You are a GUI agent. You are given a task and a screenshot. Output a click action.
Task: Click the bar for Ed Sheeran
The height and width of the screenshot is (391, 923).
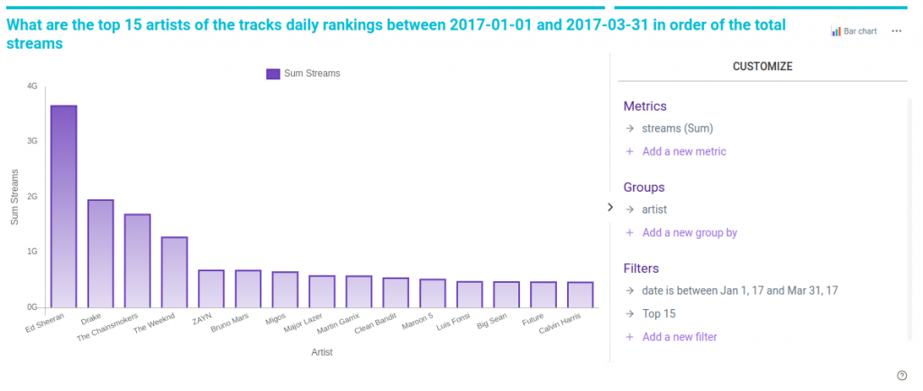pos(63,206)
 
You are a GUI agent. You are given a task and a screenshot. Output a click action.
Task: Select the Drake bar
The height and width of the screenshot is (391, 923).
pos(100,253)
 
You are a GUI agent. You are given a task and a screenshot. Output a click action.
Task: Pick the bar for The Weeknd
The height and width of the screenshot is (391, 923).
pos(174,272)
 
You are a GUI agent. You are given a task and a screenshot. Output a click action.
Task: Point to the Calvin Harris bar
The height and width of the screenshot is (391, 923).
pos(580,295)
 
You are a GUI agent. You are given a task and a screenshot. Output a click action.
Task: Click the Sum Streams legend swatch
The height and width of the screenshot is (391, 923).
pos(273,74)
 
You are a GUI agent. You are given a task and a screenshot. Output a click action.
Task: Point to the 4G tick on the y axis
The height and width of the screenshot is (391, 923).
pos(32,86)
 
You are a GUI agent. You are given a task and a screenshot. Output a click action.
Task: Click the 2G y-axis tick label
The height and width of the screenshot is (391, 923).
pos(32,196)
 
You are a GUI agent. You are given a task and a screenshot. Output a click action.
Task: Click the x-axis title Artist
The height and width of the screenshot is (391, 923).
pos(322,352)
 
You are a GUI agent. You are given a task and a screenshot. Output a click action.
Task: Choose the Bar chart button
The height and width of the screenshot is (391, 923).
pos(853,31)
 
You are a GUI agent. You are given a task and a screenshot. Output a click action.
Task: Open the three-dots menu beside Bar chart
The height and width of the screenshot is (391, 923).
pos(896,31)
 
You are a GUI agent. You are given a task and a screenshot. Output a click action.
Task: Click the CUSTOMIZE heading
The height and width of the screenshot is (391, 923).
pos(763,67)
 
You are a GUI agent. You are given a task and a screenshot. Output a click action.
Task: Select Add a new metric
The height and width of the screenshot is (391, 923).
pos(683,151)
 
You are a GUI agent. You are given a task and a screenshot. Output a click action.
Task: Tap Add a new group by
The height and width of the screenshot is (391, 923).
pos(689,232)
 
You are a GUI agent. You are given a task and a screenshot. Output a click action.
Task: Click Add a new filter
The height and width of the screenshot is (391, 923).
pos(680,337)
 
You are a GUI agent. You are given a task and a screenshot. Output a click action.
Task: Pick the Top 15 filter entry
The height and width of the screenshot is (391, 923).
pos(658,314)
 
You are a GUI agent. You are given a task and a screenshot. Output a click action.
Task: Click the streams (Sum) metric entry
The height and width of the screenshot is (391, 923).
pos(677,128)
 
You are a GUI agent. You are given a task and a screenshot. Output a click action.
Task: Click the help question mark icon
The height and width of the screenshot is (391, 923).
pos(901,376)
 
